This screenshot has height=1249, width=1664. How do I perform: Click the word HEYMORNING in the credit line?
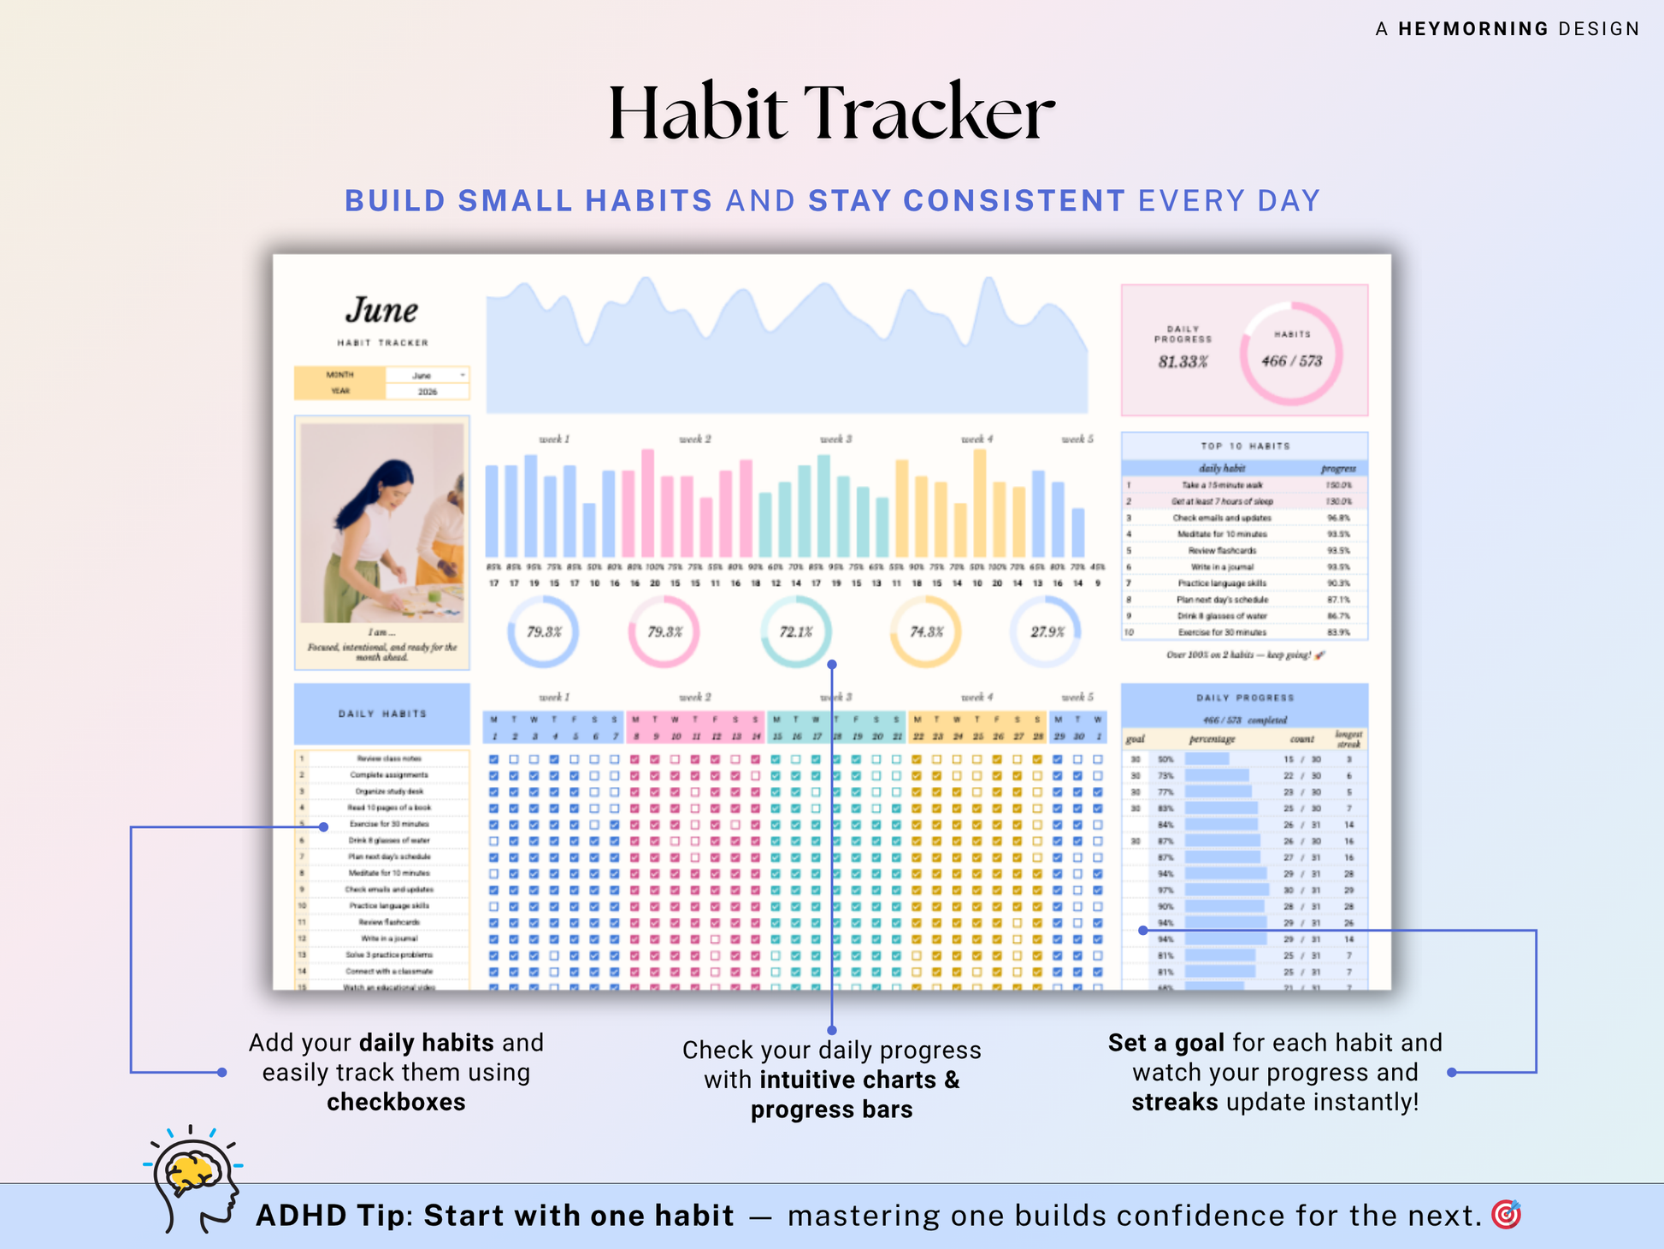[x=1472, y=29]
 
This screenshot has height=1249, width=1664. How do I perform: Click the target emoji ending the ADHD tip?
[x=1506, y=1215]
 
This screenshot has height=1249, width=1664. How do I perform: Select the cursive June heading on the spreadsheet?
[x=381, y=310]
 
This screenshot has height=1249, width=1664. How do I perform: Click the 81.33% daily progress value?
[x=1183, y=362]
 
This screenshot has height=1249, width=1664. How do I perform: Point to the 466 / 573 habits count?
[x=1291, y=361]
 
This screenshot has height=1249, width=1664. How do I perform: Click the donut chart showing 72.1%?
[x=795, y=632]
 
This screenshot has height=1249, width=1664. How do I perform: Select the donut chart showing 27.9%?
[x=1046, y=632]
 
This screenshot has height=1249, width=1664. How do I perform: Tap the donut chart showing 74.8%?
[x=925, y=632]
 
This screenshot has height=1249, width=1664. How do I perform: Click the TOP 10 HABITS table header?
[x=1244, y=446]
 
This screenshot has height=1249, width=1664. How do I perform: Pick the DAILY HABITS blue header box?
[x=381, y=713]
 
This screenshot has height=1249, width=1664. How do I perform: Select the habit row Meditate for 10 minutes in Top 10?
[x=1222, y=534]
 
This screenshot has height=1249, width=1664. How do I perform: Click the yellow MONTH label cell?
[x=339, y=375]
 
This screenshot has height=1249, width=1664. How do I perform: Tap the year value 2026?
[x=427, y=392]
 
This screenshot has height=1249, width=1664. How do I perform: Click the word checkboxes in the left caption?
[x=396, y=1102]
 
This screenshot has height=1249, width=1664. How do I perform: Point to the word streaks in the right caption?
[x=1174, y=1102]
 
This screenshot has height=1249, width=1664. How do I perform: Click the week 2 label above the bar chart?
[x=694, y=439]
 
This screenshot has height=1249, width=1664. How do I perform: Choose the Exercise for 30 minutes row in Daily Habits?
[x=389, y=824]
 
